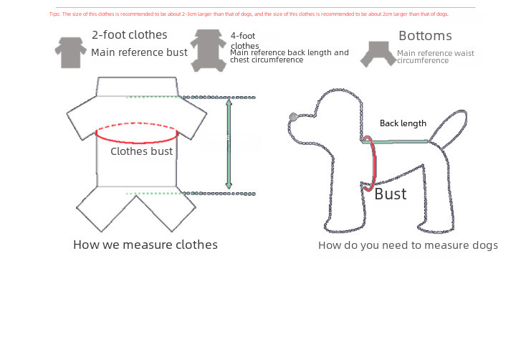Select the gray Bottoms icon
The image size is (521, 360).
tap(376, 53)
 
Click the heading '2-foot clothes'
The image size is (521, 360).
tap(130, 34)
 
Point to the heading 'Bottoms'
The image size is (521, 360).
tap(425, 36)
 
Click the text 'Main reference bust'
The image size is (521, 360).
tap(139, 52)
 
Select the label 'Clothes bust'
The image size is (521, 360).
tap(141, 151)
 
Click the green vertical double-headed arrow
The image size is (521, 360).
tap(229, 144)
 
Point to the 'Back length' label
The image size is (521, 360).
tap(403, 123)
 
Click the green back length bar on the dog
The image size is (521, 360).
tap(398, 142)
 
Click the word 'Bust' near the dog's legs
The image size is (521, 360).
tap(391, 194)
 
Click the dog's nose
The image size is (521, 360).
tap(292, 117)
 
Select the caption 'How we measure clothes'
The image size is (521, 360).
tap(145, 245)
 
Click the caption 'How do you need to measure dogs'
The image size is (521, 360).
tap(408, 246)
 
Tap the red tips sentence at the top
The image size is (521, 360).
tap(249, 14)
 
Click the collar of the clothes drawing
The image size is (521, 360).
tap(136, 87)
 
